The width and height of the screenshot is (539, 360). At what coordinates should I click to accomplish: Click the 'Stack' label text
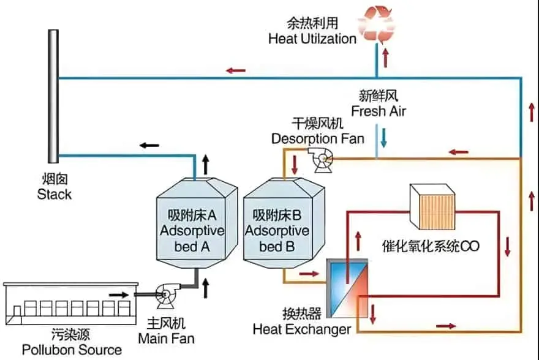pos(54,195)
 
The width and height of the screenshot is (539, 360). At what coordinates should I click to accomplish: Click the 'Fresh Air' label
pos(378,111)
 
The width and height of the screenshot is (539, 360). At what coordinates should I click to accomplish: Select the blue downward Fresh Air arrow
pos(383,137)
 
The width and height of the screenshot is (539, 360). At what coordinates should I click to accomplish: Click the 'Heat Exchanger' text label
pos(302,329)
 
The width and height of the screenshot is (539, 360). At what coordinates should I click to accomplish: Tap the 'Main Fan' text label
pos(166,338)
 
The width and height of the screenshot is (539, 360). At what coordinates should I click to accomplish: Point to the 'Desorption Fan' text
pos(318,138)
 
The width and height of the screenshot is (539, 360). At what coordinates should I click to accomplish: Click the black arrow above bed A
pos(205,163)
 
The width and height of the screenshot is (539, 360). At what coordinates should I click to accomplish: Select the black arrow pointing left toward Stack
pos(149,145)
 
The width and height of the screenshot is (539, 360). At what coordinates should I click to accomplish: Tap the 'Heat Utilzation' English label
pos(312,39)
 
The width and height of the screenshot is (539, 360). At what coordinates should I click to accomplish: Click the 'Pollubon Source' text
pos(72,350)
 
